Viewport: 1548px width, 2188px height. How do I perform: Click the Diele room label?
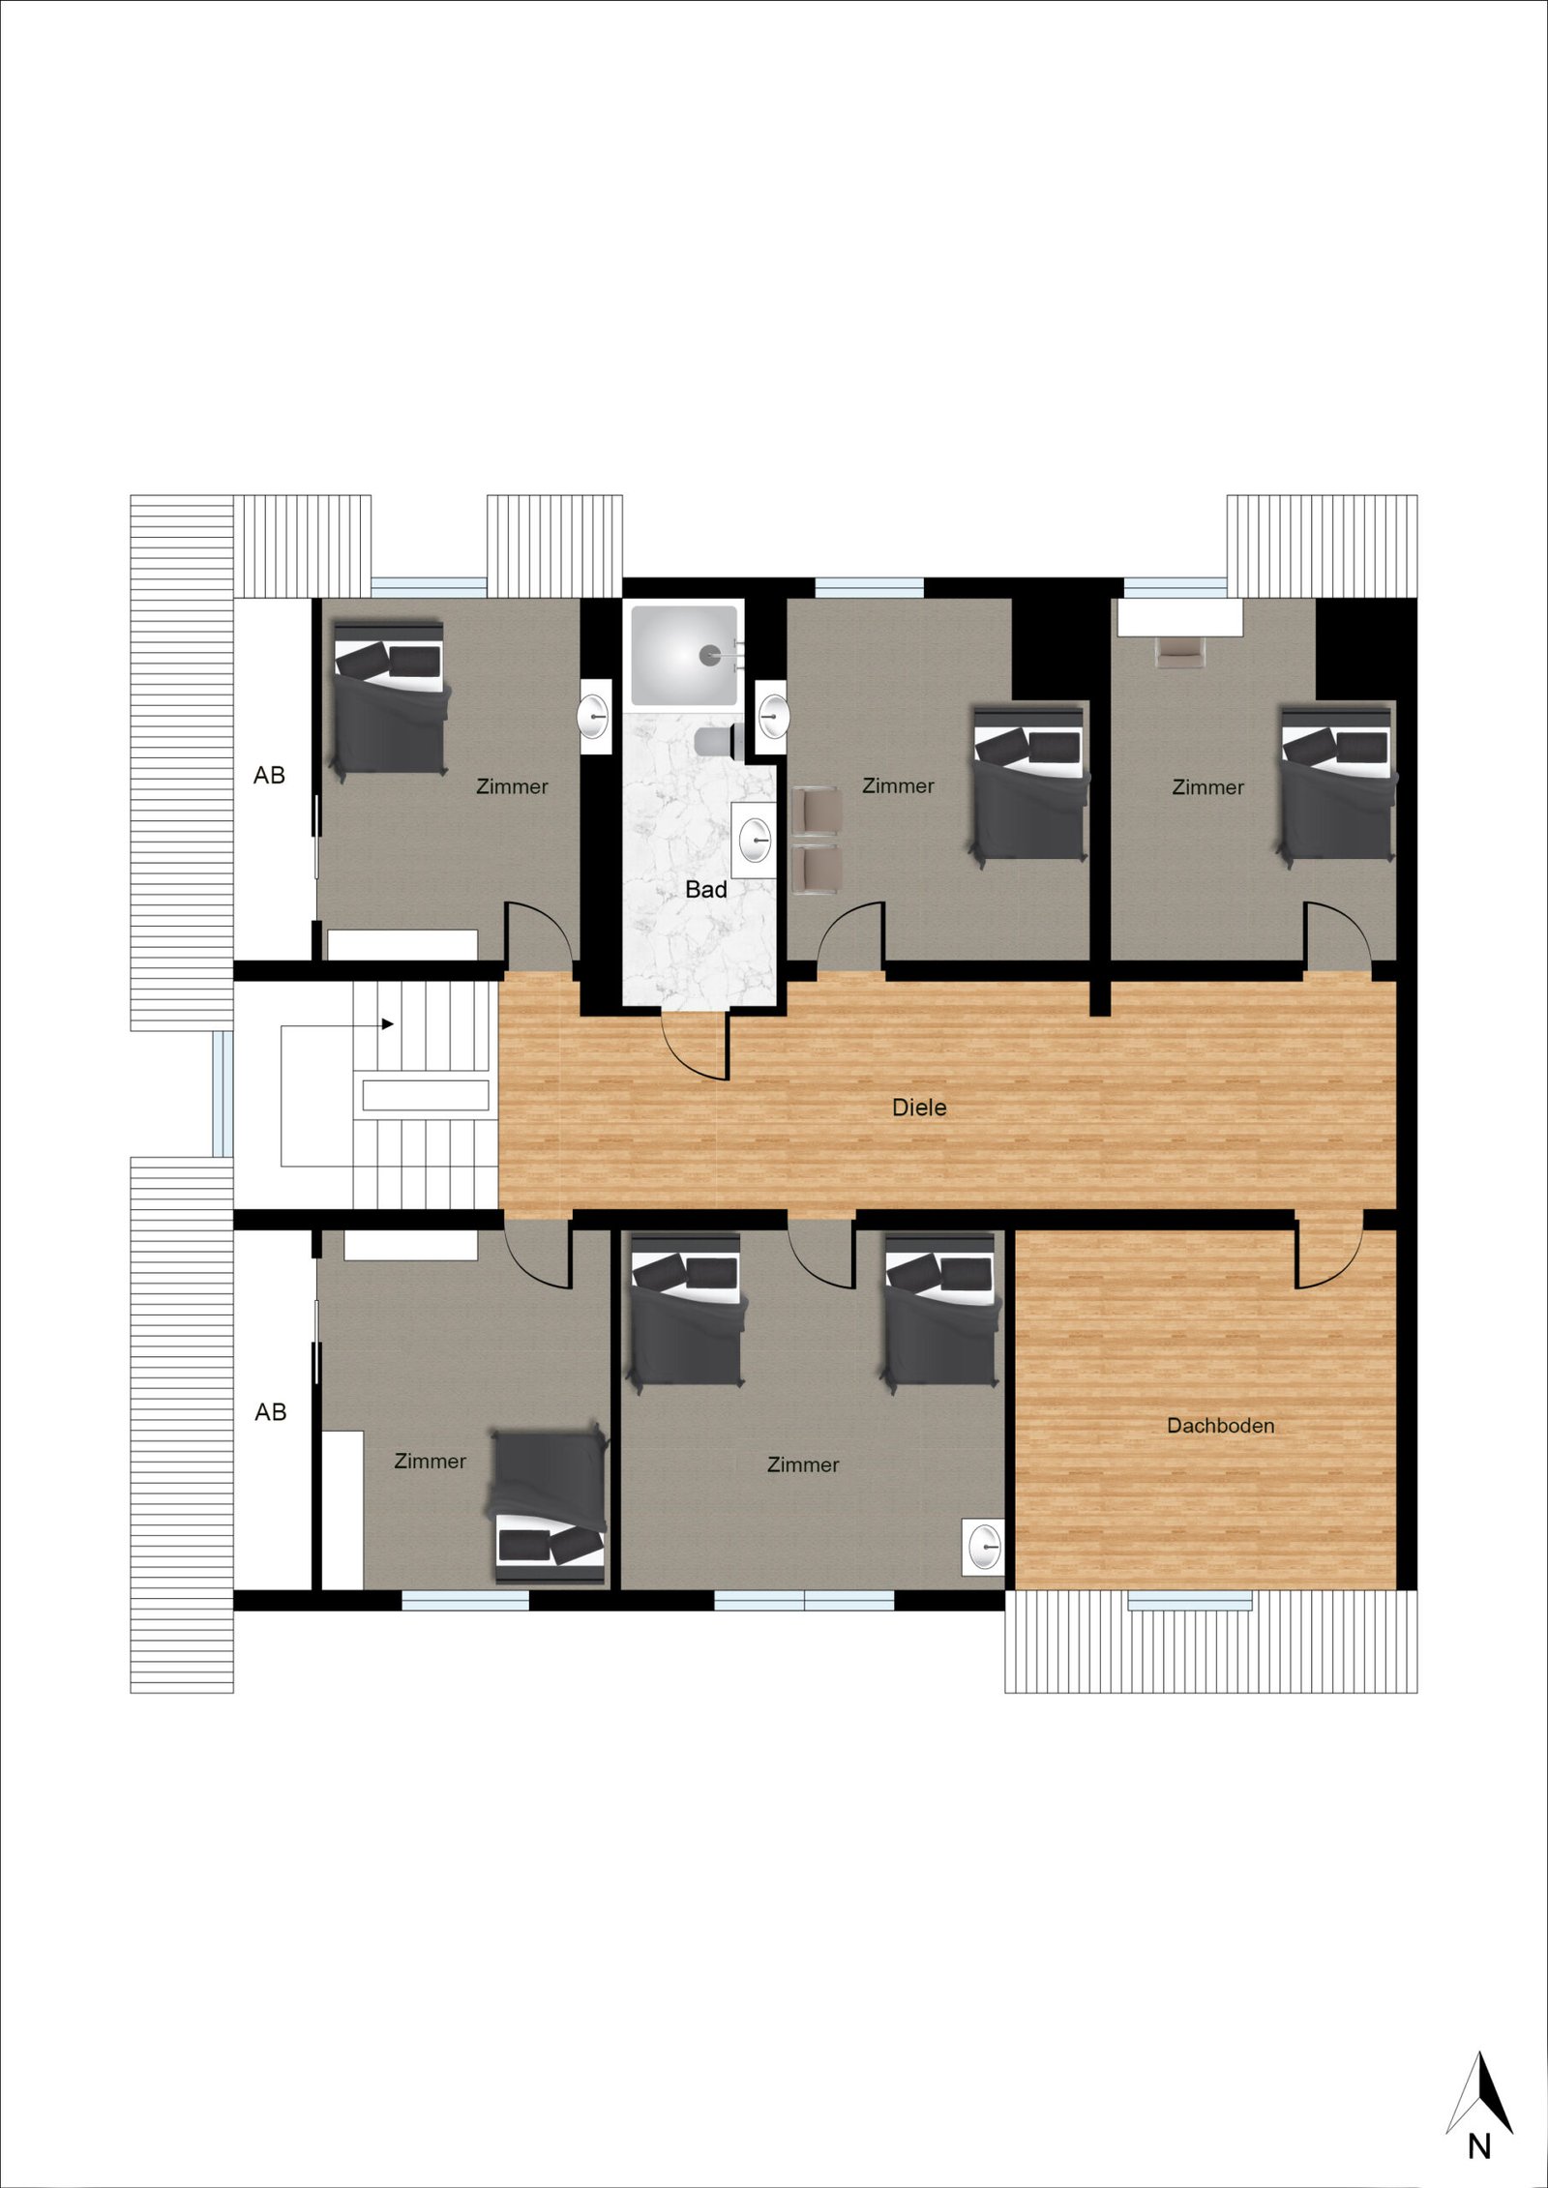pos(919,1108)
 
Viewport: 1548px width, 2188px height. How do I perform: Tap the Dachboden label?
pos(1220,1425)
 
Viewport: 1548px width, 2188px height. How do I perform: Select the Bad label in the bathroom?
pos(705,890)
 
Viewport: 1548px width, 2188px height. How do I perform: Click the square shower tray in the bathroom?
pos(685,656)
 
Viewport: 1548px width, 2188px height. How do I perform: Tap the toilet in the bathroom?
pos(716,742)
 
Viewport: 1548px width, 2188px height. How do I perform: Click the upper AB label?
pos(269,776)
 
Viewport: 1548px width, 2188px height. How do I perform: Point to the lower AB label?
pos(271,1413)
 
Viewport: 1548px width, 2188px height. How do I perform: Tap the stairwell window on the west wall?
pos(223,1094)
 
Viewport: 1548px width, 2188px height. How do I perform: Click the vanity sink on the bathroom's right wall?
pos(755,840)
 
